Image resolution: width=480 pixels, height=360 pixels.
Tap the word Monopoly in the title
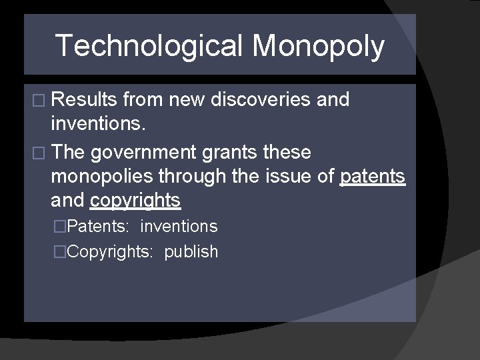click(x=318, y=46)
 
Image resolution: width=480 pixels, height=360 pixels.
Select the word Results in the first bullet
click(x=85, y=99)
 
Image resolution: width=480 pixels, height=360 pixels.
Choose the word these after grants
click(x=287, y=152)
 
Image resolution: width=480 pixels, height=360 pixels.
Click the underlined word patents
click(x=373, y=176)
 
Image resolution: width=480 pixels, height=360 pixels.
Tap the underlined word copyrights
click(x=135, y=200)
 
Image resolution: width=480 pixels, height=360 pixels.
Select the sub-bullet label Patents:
click(x=99, y=227)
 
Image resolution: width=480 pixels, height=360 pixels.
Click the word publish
click(x=191, y=252)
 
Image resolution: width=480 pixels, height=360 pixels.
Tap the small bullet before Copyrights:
click(x=61, y=252)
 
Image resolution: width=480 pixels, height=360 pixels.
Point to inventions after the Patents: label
click(x=179, y=227)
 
